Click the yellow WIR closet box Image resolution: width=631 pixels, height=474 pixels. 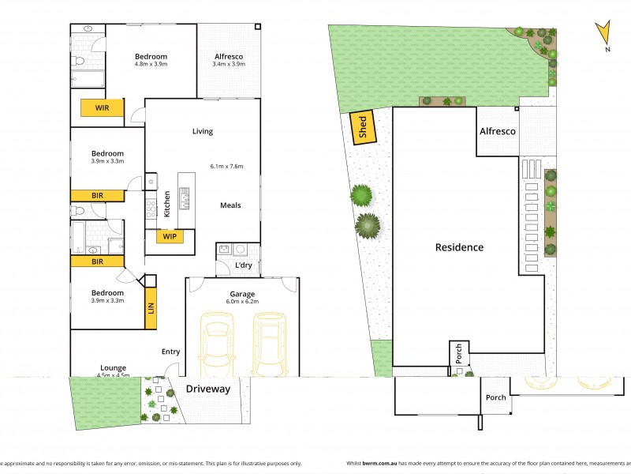(x=102, y=107)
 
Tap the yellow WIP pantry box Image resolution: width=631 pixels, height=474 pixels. (x=170, y=236)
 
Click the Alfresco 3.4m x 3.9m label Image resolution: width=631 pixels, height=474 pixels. (x=229, y=60)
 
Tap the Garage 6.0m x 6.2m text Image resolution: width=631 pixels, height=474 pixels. (x=241, y=298)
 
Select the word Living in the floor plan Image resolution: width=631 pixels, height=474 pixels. (x=203, y=131)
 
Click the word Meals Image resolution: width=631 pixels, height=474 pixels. (x=230, y=205)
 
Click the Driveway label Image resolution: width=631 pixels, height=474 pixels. (x=208, y=389)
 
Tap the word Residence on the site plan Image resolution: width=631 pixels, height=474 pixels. (x=459, y=247)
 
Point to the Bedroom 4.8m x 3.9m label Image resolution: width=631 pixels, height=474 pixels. (x=151, y=60)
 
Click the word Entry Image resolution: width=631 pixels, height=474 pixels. (x=171, y=352)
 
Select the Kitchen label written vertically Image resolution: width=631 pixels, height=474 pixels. (x=166, y=204)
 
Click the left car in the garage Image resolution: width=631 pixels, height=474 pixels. (x=217, y=346)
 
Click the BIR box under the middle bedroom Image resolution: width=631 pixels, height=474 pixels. (x=98, y=194)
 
